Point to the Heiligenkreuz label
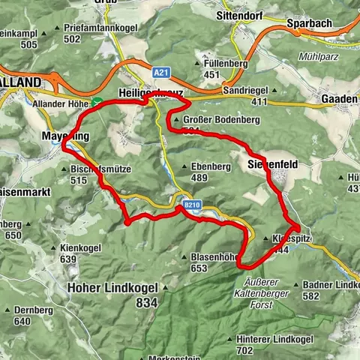pyautogui.click(x=149, y=91)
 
